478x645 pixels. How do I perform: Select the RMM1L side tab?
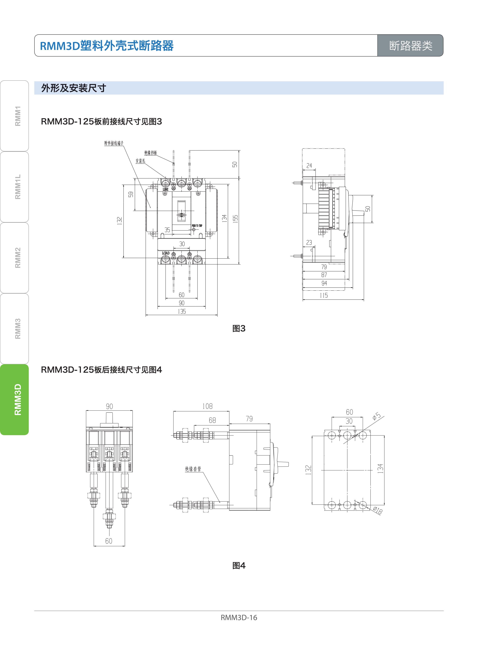pos(14,187)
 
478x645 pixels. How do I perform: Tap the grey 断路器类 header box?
pos(410,45)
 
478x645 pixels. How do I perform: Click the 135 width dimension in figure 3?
pos(182,311)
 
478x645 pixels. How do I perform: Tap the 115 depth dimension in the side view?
pos(324,295)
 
